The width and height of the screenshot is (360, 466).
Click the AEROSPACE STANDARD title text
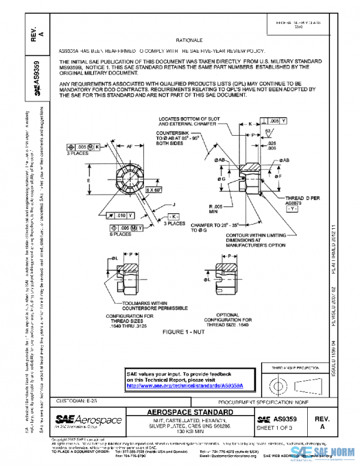[190, 412]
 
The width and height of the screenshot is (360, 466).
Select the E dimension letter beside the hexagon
[89, 180]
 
